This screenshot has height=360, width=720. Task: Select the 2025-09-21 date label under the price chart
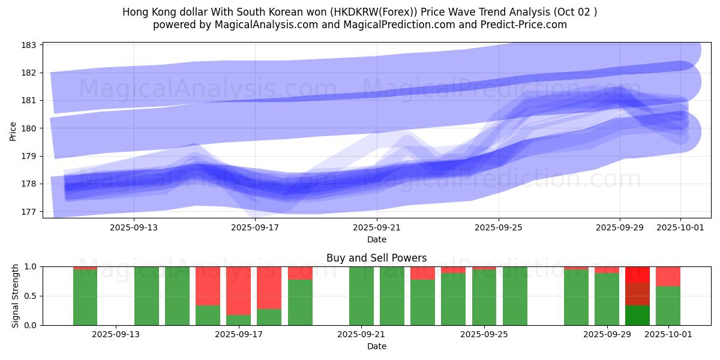tap(377, 227)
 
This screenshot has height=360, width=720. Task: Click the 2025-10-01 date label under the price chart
tap(680, 227)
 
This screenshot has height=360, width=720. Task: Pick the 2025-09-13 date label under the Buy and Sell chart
tap(116, 335)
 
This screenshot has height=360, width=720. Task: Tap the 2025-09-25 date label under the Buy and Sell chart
tap(484, 335)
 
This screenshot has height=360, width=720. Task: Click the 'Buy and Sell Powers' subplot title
tap(377, 258)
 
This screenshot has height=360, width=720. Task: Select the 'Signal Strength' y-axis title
tap(16, 296)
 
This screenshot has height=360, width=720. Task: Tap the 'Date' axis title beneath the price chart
tap(377, 239)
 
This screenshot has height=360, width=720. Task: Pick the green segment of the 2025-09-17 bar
tap(238, 320)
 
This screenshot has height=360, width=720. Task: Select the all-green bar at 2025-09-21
tap(361, 296)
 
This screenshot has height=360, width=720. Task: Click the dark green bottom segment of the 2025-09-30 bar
tap(637, 316)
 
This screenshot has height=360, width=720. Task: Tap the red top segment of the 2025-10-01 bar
tap(668, 276)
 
